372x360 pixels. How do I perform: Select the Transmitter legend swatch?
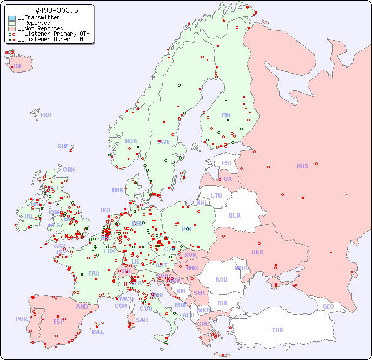(12, 18)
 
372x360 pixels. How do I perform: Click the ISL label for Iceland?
(18, 67)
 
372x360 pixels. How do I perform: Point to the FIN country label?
(226, 115)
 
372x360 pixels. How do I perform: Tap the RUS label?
(302, 166)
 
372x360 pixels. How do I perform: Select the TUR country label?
(277, 330)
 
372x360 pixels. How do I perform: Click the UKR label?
(257, 252)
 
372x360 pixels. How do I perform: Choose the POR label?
(21, 319)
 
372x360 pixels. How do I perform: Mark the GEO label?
(328, 306)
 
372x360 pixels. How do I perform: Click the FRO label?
(46, 115)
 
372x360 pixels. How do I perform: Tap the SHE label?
(63, 146)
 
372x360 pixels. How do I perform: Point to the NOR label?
(131, 141)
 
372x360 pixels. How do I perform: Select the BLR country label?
(234, 215)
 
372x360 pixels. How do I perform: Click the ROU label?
(221, 279)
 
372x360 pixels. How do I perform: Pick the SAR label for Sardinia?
(142, 320)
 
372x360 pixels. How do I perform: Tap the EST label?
(227, 163)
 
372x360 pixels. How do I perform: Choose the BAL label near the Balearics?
(97, 332)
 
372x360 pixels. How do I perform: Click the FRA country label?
(94, 273)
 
